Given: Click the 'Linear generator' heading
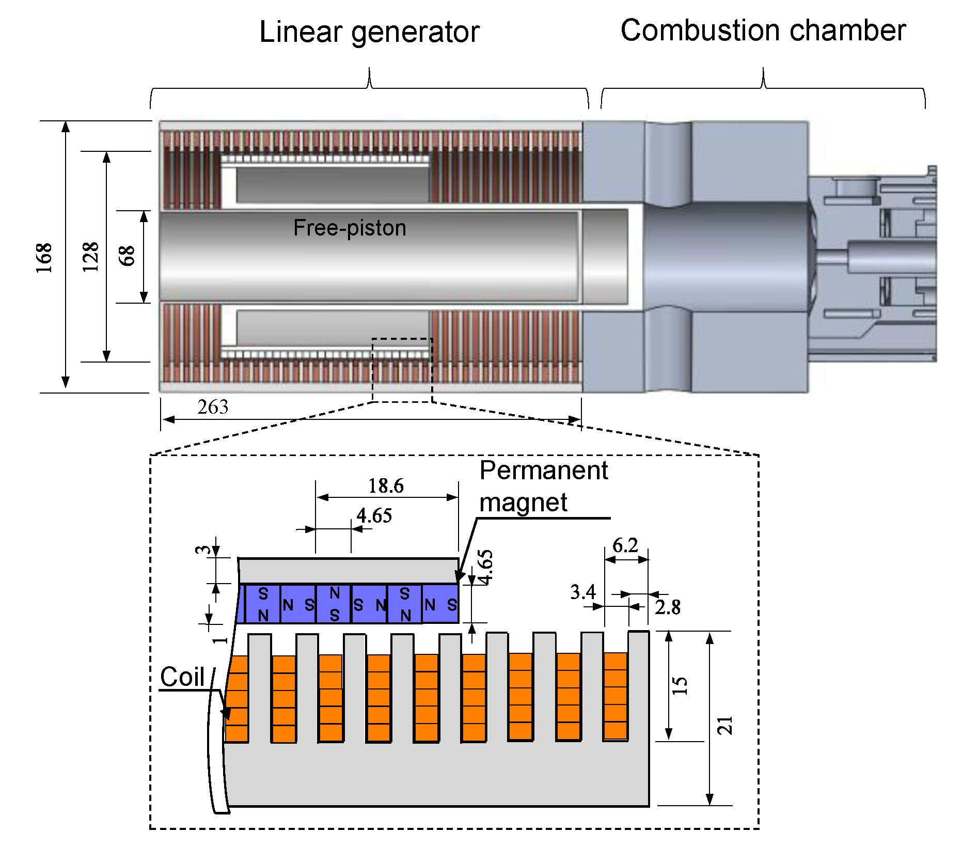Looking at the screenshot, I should click(x=369, y=32).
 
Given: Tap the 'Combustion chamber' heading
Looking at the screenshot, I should click(x=763, y=30).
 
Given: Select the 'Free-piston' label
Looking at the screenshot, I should click(x=350, y=228).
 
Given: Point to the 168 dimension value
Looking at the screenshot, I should click(x=44, y=257).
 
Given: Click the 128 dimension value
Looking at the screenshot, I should click(x=91, y=257).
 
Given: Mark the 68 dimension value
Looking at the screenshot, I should click(x=127, y=256).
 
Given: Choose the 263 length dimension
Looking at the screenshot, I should click(x=213, y=407).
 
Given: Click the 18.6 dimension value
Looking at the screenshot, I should click(x=386, y=486).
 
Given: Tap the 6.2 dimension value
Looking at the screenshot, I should click(x=625, y=545).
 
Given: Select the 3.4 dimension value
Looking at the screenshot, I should click(x=583, y=592).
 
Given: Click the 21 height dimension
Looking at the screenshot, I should click(x=726, y=726).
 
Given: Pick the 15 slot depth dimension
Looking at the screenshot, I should click(x=680, y=686).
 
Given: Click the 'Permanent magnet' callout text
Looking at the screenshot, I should click(x=543, y=486).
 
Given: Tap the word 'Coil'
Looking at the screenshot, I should click(x=182, y=677).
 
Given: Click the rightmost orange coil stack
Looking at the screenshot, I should click(x=616, y=696).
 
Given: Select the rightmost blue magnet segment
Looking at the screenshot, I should click(x=440, y=604).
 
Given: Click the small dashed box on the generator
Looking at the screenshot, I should click(x=402, y=370).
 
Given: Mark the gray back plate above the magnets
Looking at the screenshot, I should click(x=349, y=571).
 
